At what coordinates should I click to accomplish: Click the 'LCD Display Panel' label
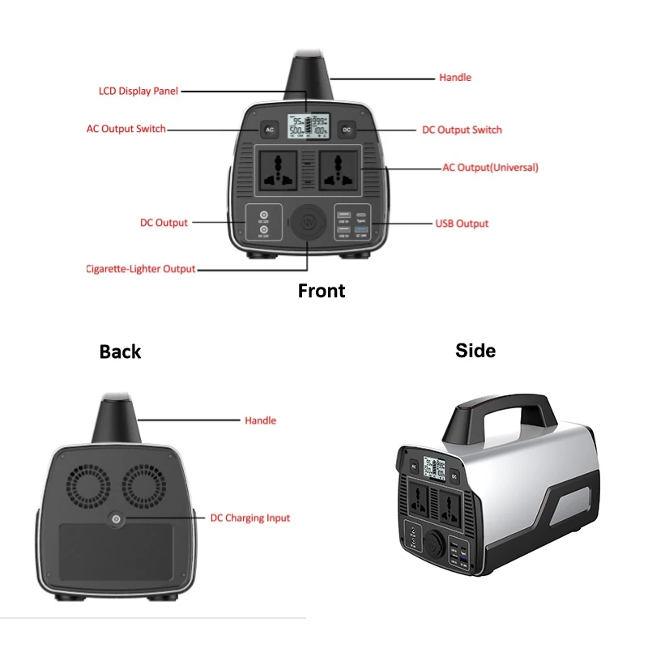point(138,92)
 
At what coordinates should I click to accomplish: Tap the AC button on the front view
point(270,130)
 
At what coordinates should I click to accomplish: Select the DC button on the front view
point(346,130)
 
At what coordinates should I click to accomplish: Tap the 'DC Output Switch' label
point(462,130)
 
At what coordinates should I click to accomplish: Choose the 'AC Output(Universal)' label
point(490,168)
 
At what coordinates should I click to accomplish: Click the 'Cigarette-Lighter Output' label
point(141,269)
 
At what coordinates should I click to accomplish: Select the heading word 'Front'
point(322,291)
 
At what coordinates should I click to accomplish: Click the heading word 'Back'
point(120,352)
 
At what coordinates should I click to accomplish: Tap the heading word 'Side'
point(475,350)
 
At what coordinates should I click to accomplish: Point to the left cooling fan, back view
point(87,486)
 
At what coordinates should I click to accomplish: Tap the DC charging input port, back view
point(117,519)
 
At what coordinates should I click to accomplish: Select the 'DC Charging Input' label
point(249,518)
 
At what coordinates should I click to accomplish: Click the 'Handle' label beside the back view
point(260,421)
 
